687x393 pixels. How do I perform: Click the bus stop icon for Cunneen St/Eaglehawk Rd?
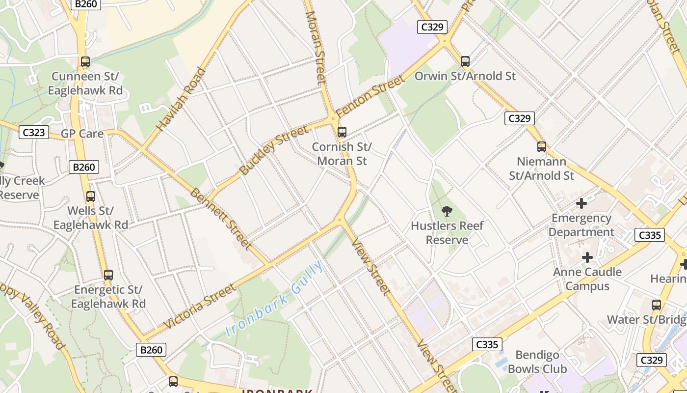[x=85, y=62]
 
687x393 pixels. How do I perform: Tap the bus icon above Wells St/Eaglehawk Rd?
[x=91, y=196]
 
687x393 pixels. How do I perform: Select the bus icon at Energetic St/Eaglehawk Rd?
[x=108, y=275]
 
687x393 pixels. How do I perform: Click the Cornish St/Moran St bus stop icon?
[x=342, y=132]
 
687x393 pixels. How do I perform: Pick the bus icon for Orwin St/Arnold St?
[x=465, y=61]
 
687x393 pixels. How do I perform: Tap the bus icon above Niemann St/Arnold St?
[x=542, y=147]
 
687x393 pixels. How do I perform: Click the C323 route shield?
[x=34, y=132]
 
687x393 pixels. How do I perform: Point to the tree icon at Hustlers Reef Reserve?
[x=447, y=211]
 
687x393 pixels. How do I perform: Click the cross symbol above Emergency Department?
[x=581, y=203]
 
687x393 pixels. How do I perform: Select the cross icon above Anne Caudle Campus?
[x=587, y=257]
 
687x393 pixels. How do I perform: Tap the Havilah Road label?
[x=181, y=100]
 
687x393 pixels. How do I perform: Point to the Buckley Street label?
[x=274, y=150]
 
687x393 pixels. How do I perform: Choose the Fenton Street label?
[x=371, y=96]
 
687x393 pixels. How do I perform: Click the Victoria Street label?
[x=200, y=307]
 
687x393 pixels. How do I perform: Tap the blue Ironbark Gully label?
[x=275, y=299]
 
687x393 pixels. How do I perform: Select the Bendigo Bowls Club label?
[x=537, y=362]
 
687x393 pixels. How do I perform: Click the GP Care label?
[x=82, y=134]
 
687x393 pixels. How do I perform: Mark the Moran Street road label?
[x=316, y=47]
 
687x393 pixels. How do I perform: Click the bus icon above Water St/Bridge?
[x=657, y=305]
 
